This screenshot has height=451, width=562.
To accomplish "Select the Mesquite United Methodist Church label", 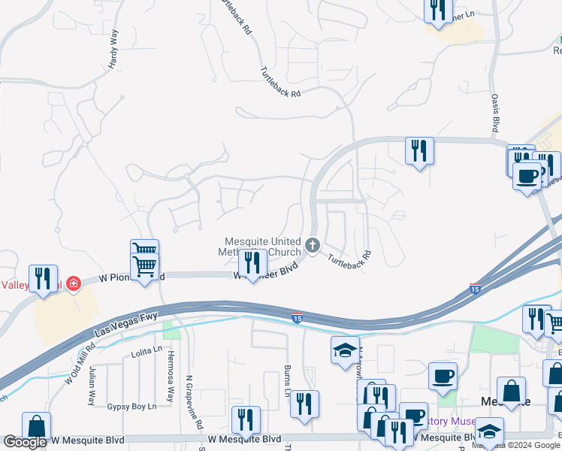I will tap(262, 246).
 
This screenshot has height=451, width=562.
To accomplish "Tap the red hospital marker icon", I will tap(73, 283).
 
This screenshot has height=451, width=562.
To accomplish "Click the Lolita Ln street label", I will tap(146, 350).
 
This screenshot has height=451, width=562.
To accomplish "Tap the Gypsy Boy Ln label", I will tap(131, 407).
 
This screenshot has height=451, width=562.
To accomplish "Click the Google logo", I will tap(25, 442).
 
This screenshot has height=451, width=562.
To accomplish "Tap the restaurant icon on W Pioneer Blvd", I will tap(252, 262).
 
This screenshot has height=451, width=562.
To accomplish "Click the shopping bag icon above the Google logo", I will tap(36, 425).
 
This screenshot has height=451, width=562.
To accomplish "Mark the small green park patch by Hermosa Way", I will tap(171, 330).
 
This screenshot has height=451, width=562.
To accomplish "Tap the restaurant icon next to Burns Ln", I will tap(304, 404).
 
